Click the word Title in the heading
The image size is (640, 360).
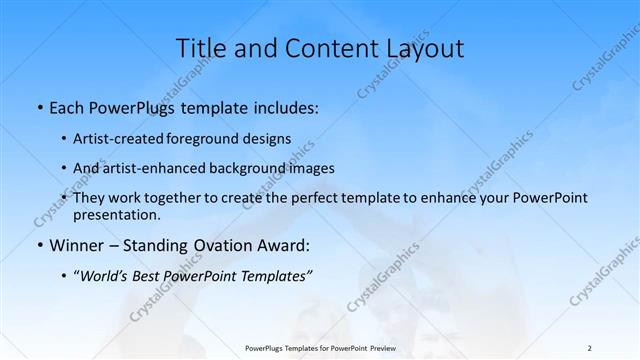pyautogui.click(x=200, y=48)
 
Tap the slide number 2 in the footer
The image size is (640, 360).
pyautogui.click(x=589, y=348)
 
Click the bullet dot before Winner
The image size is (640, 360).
pyautogui.click(x=38, y=245)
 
